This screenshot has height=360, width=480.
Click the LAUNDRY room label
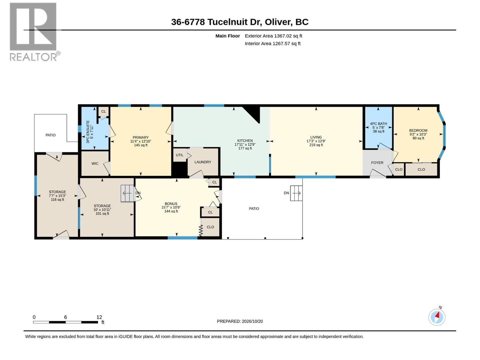(x=203, y=162)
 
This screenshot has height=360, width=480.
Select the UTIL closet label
(x=179, y=155)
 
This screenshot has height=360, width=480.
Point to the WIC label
(x=95, y=163)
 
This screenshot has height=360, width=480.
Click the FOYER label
(x=377, y=163)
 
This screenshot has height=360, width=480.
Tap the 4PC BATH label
(x=379, y=124)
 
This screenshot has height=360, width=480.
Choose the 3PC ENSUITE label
(x=88, y=132)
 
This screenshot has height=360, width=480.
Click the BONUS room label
(x=171, y=204)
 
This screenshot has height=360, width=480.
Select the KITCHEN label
(x=245, y=141)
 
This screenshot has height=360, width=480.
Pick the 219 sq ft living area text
(x=316, y=145)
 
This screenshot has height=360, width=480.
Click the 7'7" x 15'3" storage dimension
(x=57, y=196)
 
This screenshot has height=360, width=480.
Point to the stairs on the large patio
(x=296, y=193)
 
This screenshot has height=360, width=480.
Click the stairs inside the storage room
(x=127, y=193)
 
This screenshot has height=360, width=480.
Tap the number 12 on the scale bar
(x=99, y=317)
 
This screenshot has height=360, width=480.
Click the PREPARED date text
(x=240, y=321)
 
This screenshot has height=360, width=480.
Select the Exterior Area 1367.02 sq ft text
(x=273, y=36)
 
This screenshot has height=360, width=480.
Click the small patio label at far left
(x=50, y=135)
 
